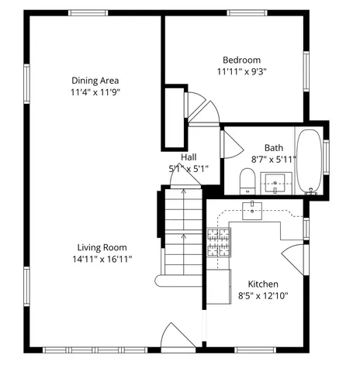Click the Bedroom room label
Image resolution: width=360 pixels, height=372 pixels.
click(241, 60)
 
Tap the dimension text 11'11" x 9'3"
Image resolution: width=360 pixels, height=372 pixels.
click(241, 71)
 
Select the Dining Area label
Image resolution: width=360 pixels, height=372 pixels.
click(95, 80)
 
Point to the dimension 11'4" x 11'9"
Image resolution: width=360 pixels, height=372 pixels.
click(95, 91)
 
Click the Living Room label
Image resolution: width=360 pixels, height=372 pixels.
click(99, 247)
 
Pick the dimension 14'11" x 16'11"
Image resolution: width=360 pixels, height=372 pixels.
click(99, 259)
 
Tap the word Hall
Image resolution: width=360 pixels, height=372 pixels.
click(189, 157)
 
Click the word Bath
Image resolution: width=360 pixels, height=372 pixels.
click(273, 147)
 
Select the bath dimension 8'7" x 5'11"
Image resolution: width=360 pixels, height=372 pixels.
click(273, 159)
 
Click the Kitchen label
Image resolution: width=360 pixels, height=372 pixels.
click(263, 284)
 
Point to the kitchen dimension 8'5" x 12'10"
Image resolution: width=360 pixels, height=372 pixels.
click(263, 295)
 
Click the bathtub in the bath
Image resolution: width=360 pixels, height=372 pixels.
click(310, 160)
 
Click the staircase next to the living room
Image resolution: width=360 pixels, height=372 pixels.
click(183, 232)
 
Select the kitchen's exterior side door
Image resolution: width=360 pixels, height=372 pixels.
click(296, 256)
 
